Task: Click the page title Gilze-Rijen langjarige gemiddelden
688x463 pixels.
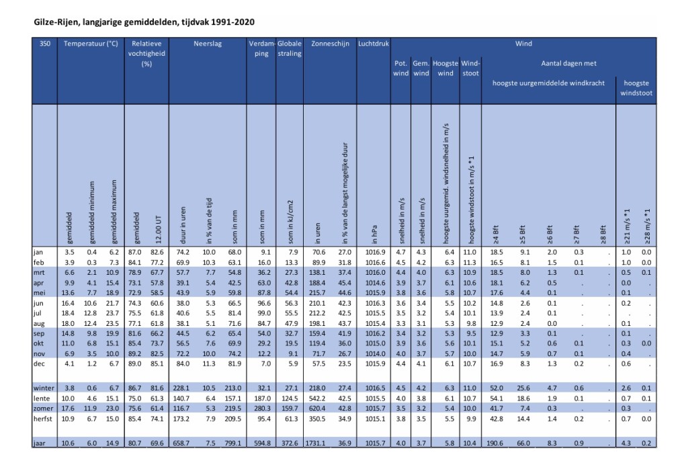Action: click(144, 22)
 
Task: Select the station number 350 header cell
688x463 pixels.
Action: click(45, 44)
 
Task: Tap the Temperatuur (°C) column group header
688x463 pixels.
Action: click(91, 44)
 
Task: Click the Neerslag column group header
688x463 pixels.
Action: click(208, 44)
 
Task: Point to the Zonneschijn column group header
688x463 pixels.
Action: click(330, 44)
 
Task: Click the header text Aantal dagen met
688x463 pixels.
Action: click(568, 63)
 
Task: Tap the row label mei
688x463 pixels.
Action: click(40, 293)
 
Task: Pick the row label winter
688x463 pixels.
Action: click(44, 388)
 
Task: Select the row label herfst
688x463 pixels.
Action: click(44, 419)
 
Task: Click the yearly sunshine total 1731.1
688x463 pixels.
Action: click(319, 443)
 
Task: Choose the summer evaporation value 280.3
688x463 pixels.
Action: click(261, 409)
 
